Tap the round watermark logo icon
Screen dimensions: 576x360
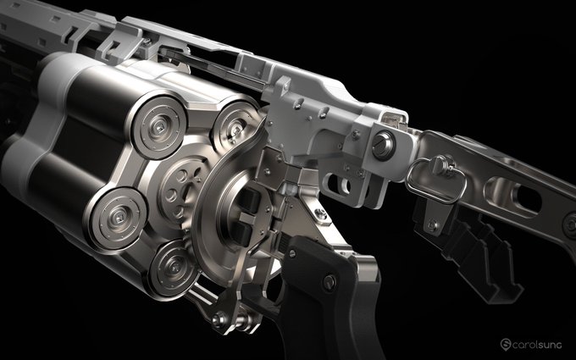click(506, 344)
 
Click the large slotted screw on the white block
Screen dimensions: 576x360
click(383, 145)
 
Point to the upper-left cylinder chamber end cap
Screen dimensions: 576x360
click(159, 127)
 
